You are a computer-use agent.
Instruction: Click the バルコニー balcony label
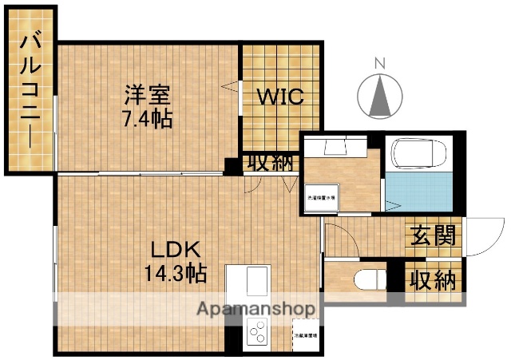(31, 90)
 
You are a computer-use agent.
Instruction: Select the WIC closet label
(280, 97)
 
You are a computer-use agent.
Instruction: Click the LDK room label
(175, 248)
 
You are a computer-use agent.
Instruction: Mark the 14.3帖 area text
(175, 274)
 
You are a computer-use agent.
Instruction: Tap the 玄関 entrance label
(434, 235)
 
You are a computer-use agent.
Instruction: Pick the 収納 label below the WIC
(268, 163)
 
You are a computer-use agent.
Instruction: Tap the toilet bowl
(369, 281)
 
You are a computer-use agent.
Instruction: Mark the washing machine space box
(323, 196)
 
